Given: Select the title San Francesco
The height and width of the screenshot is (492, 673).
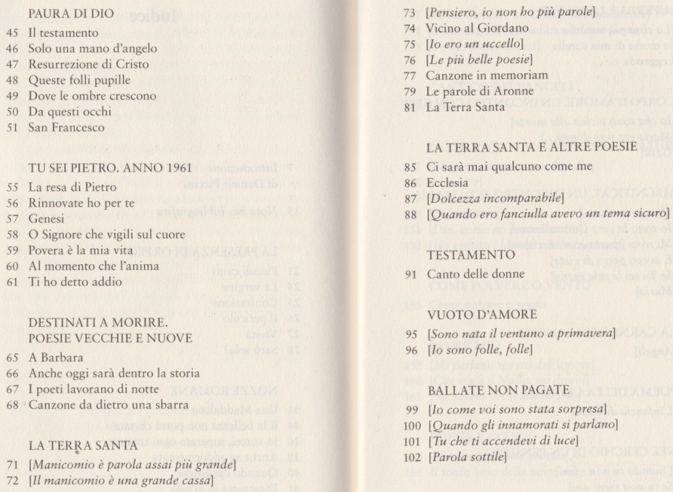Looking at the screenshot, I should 66,127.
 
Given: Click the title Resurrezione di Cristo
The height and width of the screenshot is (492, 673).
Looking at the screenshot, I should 88,64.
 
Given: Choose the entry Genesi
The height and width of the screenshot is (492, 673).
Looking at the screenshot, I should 46,218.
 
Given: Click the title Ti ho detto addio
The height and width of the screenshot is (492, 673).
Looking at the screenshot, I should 75,282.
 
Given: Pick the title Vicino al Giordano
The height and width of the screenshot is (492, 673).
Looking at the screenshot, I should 467,28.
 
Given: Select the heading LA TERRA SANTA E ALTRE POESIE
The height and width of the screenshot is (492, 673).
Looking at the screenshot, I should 532,147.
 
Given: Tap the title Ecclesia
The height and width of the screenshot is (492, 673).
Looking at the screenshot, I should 447,182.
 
